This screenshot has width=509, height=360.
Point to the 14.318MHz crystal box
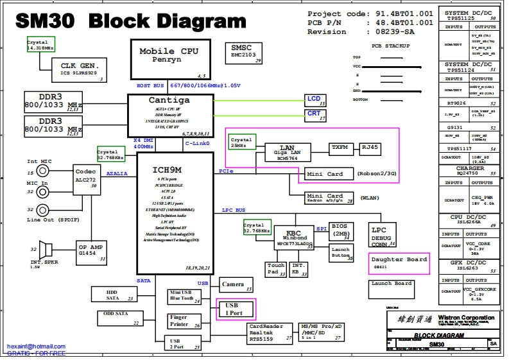pyautogui.click(x=40, y=45)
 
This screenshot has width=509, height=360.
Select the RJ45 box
pyautogui.click(x=370, y=148)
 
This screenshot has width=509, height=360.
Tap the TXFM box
pyautogui.click(x=340, y=148)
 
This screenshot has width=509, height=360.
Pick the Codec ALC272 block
pyautogui.click(x=85, y=179)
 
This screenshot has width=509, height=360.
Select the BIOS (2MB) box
pyautogui.click(x=341, y=229)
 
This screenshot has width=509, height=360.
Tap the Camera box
pyautogui.click(x=233, y=284)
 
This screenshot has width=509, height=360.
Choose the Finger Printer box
pyautogui.click(x=185, y=320)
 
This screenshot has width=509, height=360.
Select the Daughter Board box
pyautogui.click(x=399, y=262)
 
